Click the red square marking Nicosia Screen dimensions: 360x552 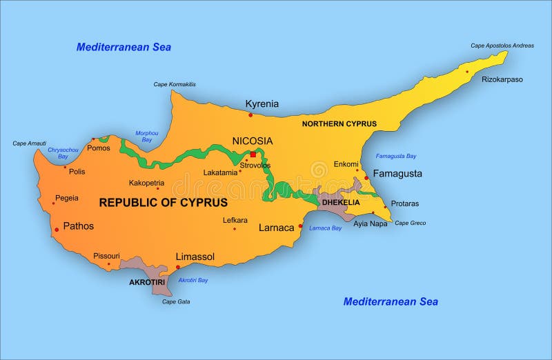253,154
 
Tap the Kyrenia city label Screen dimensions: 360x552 262,104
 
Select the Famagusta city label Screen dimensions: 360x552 397,174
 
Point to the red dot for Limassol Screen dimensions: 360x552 178,267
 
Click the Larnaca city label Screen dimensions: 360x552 277,227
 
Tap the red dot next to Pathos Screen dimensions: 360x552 56,230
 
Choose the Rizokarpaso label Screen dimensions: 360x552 502,79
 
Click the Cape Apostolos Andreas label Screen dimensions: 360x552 502,46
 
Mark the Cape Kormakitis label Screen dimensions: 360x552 174,84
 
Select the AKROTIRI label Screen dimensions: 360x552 147,282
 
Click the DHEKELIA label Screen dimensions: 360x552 341,203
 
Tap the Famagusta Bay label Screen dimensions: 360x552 396,156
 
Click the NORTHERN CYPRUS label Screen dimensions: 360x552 339,124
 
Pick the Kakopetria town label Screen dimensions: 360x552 146,183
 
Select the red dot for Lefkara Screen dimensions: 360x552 235,229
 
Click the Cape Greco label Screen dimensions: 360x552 410,223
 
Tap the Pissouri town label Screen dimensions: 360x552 106,256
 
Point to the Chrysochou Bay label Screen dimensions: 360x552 58,152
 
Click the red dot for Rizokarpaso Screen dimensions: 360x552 466,72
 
